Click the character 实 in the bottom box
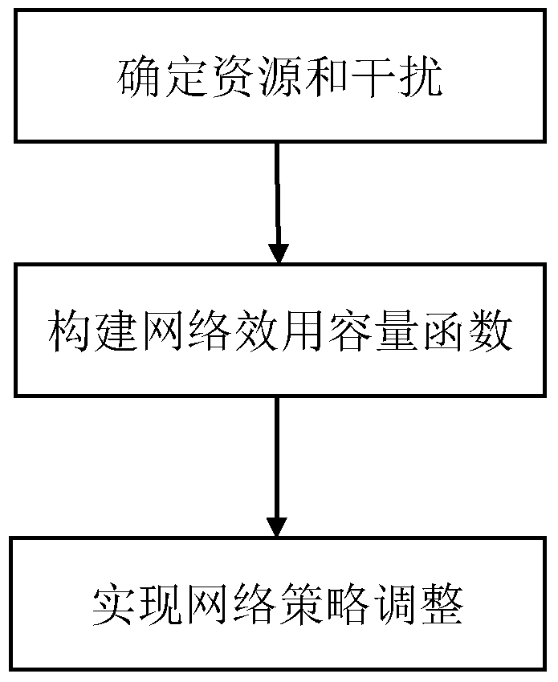click(116, 603)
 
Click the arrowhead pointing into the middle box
click(278, 254)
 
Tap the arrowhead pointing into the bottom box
click(277, 527)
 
